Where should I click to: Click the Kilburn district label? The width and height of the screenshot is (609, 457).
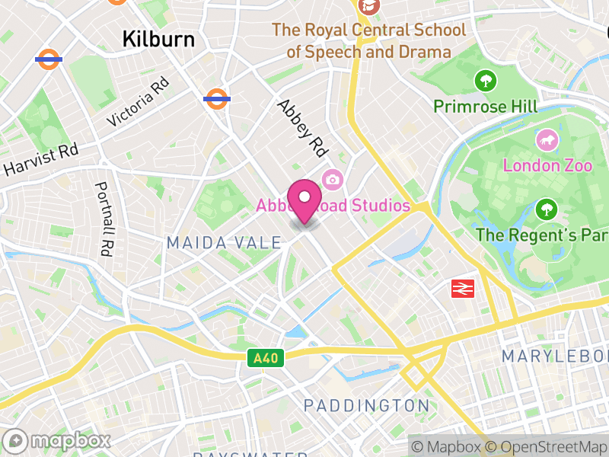pos(159,39)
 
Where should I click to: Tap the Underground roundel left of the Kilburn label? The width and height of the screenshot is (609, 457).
pos(49,59)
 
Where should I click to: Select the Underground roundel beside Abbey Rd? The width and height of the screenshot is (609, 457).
pos(217,98)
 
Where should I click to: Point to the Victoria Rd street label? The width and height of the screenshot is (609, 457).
pos(138,105)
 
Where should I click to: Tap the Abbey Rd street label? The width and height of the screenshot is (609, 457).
pos(301,128)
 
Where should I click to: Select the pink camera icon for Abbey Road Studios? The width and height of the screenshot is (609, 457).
pos(332,180)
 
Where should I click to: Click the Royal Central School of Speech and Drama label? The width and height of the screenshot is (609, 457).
pos(369,41)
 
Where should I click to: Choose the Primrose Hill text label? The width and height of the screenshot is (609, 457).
pos(485,106)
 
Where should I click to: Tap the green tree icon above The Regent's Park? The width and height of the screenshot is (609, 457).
pos(546,209)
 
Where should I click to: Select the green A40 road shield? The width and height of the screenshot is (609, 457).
pos(265,357)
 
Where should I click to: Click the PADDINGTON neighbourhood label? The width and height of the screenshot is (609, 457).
pos(366,405)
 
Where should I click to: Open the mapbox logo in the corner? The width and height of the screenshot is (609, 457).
pos(58,441)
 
